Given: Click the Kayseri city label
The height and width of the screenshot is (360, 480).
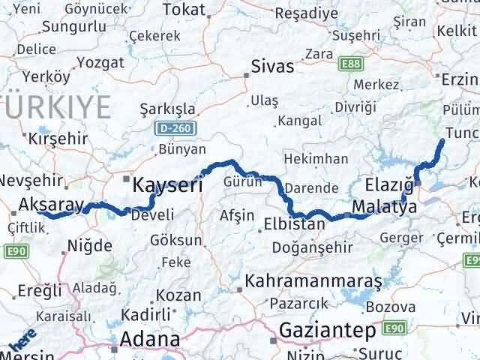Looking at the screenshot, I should coord(167,184).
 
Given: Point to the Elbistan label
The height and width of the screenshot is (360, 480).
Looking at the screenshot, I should coord(295,223).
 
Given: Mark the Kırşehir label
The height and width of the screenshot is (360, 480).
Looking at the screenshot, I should coord(58,138).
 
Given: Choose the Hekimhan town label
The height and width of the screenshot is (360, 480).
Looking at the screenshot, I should coord(316,159).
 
